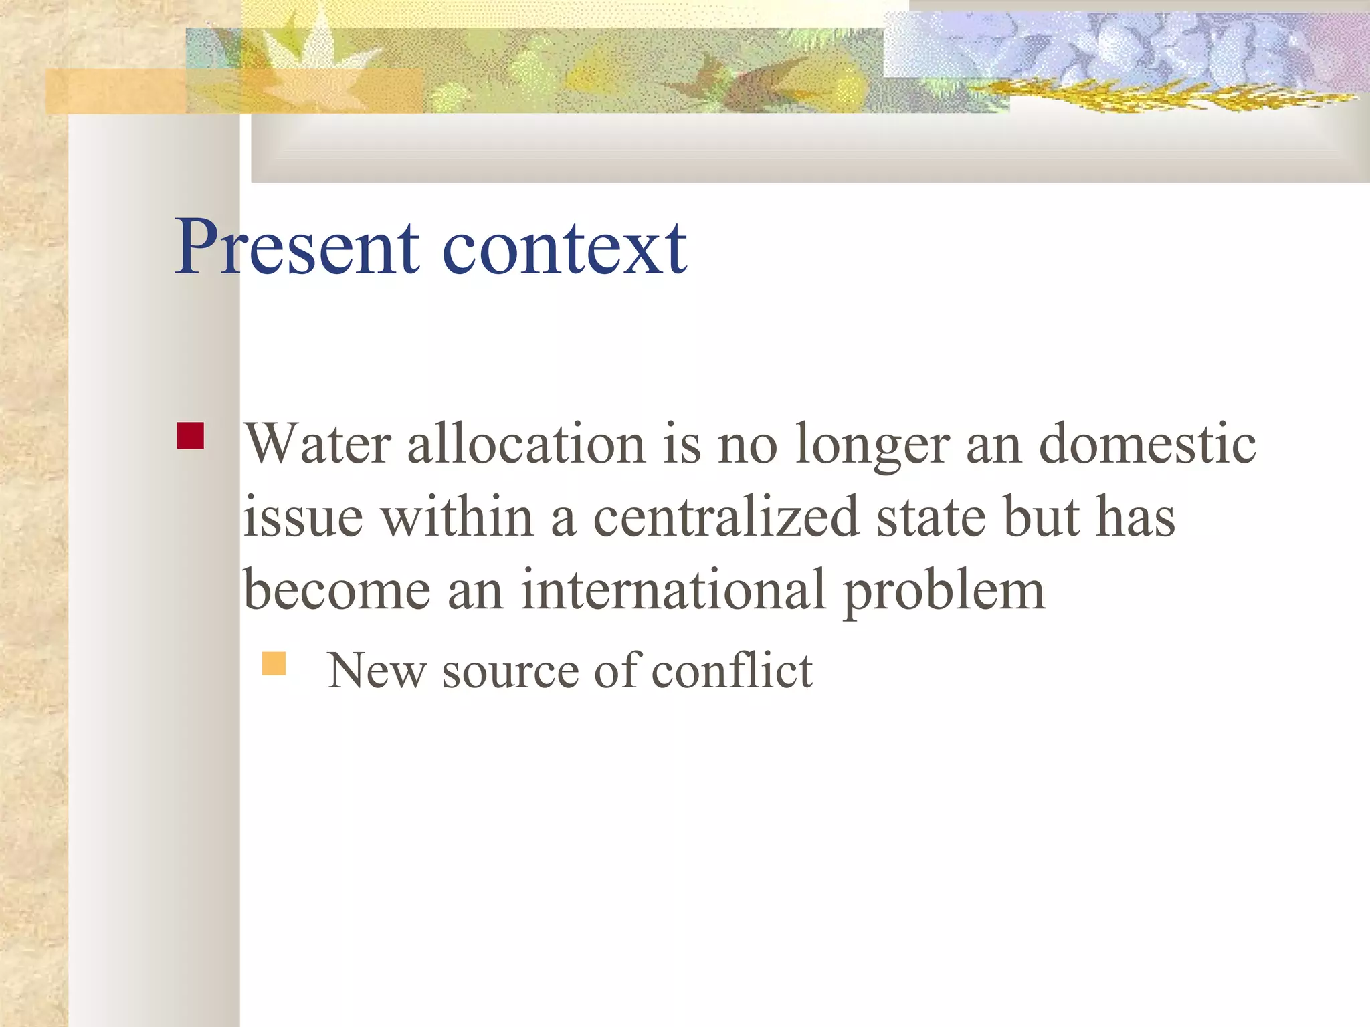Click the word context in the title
tap(565, 249)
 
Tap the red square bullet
tap(191, 435)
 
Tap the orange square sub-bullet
tap(274, 663)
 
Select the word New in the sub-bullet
tap(377, 670)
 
